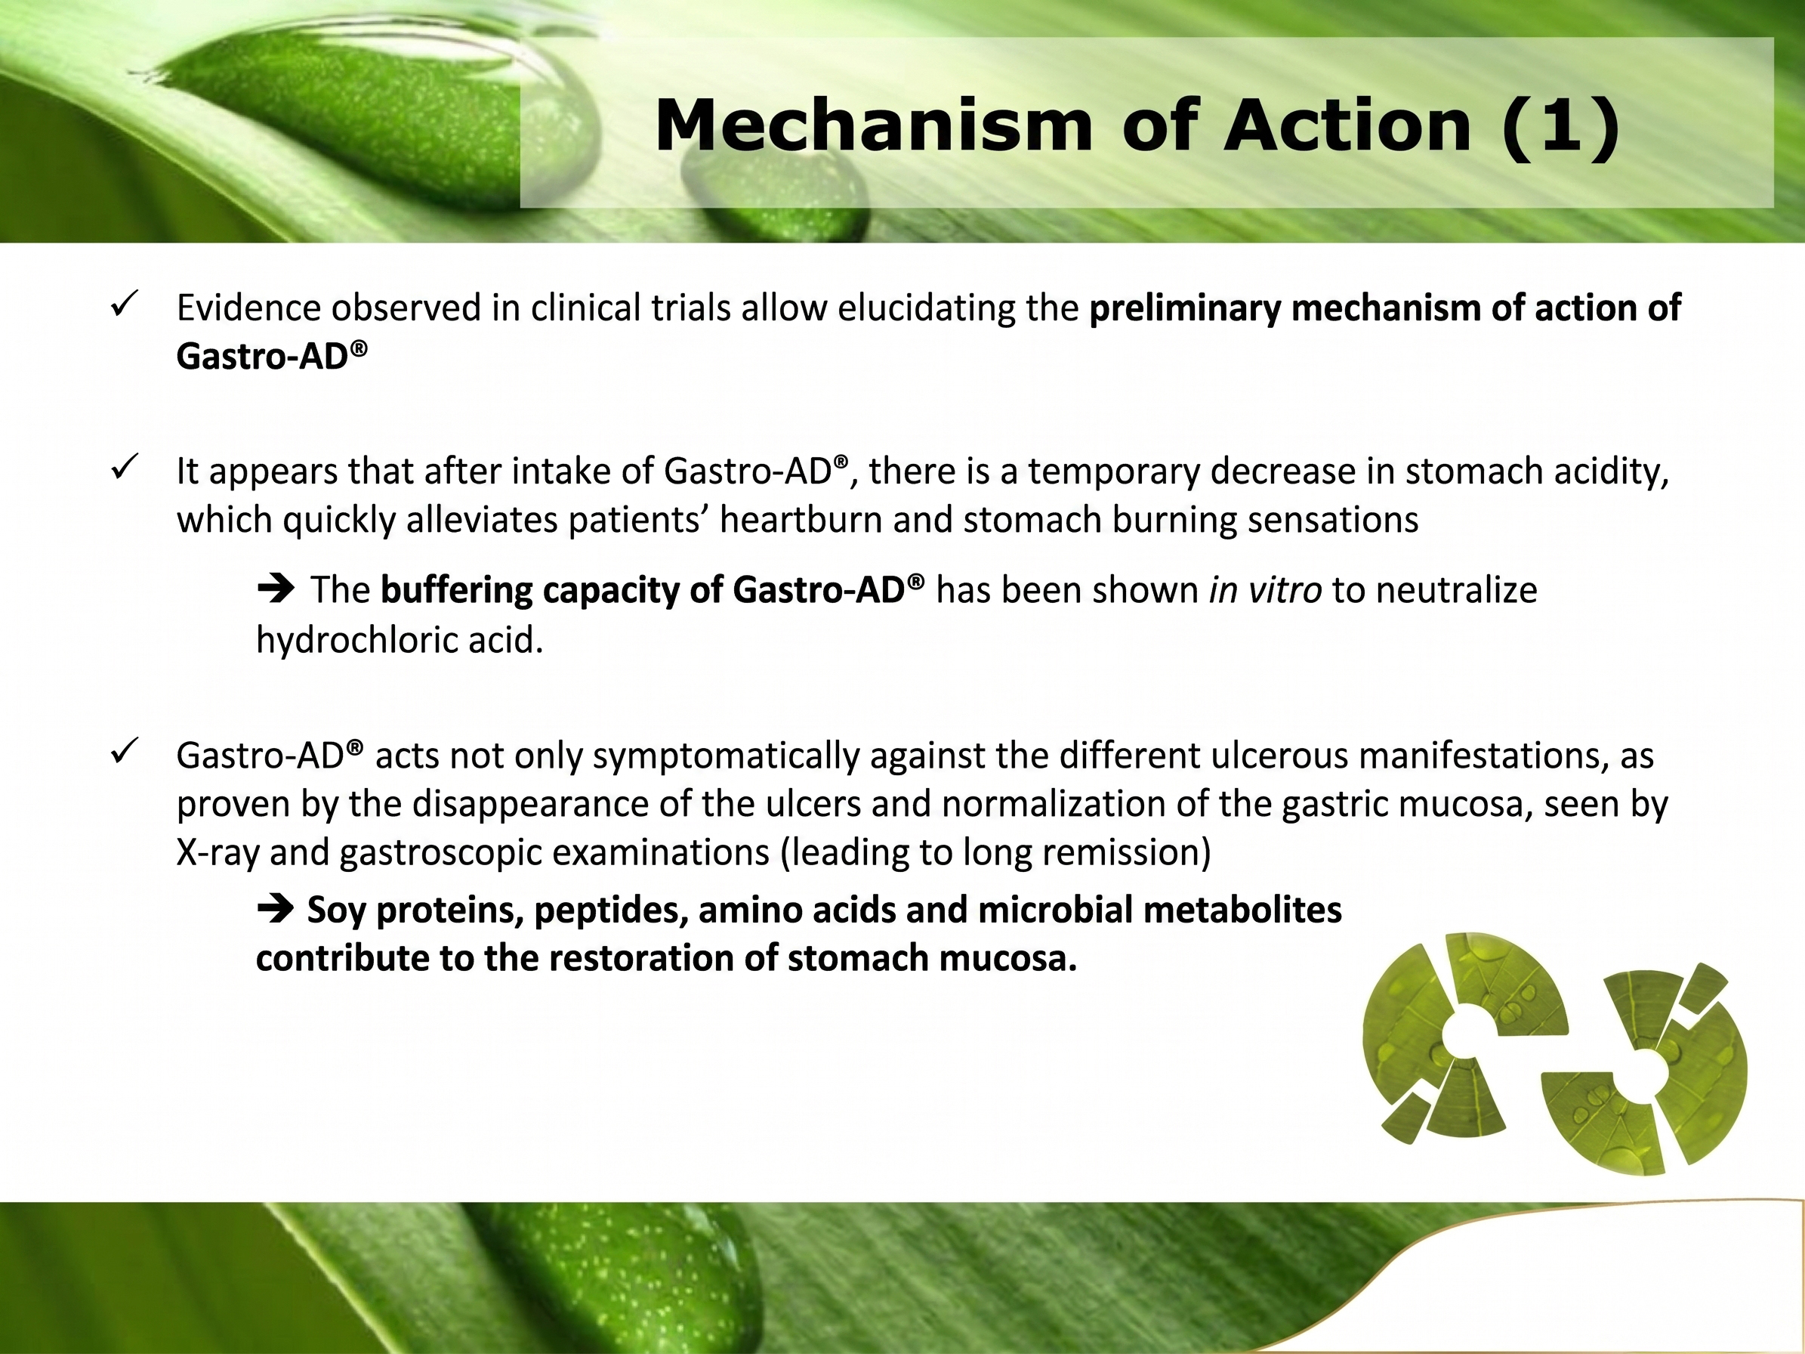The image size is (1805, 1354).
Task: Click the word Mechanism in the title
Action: [x=873, y=125]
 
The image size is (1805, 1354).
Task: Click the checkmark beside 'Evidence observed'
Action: [x=124, y=305]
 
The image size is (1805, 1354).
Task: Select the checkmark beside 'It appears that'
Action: [x=124, y=468]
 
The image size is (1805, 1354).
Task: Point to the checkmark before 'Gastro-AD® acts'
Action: [x=124, y=751]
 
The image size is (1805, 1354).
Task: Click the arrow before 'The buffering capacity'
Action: [x=276, y=589]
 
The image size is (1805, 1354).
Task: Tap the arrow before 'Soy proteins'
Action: [x=276, y=908]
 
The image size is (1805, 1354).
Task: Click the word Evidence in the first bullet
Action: [x=249, y=308]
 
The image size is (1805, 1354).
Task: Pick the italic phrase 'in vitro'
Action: [x=1266, y=589]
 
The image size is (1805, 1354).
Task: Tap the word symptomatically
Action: [x=727, y=757]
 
